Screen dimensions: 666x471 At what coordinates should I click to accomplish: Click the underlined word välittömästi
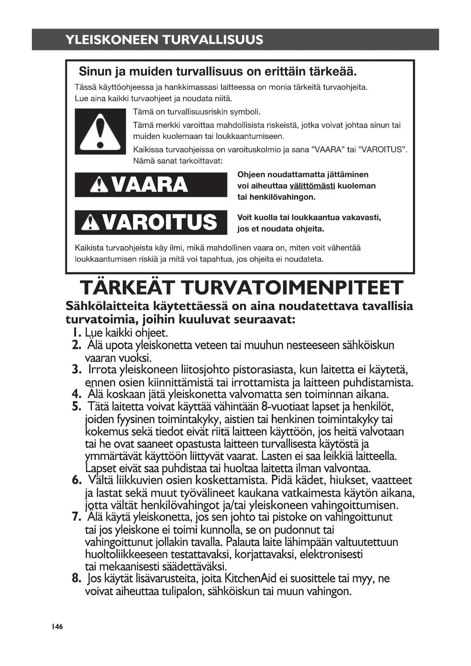(312, 186)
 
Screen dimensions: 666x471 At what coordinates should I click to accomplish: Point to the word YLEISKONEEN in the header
(112, 40)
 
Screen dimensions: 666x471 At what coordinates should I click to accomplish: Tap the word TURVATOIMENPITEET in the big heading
(293, 288)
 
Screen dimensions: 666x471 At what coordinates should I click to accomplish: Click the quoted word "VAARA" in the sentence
(328, 150)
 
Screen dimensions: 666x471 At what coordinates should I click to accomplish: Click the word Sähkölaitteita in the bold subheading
(107, 306)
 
